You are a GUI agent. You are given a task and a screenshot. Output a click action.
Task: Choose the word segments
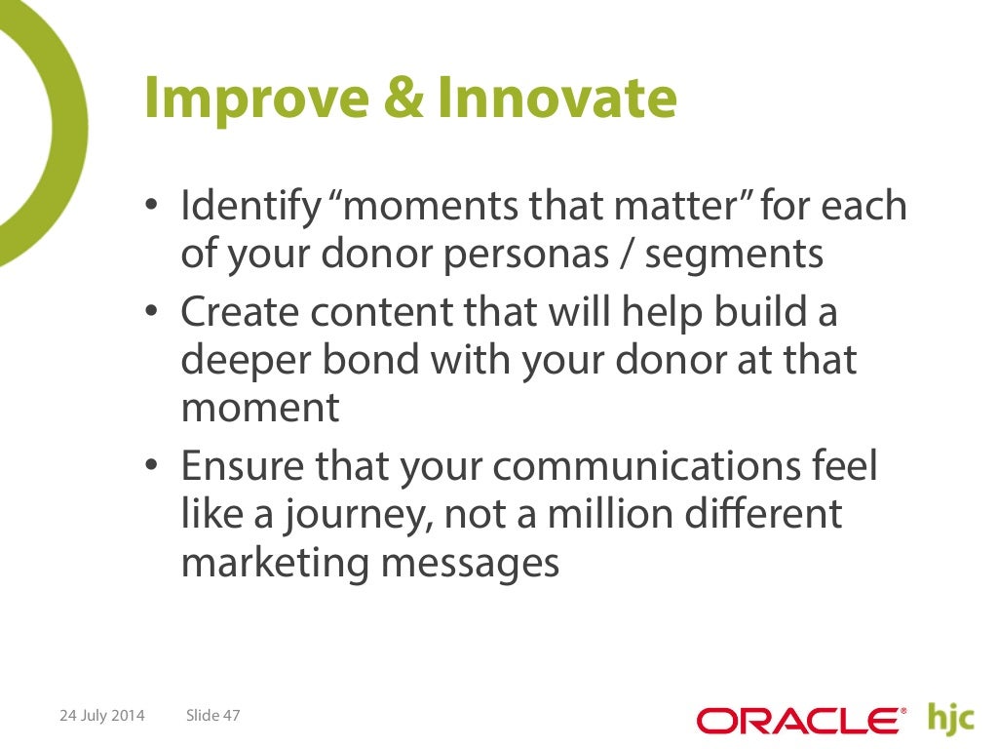click(734, 255)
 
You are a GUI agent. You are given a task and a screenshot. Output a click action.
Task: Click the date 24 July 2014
click(102, 716)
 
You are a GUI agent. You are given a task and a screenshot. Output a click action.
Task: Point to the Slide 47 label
click(212, 716)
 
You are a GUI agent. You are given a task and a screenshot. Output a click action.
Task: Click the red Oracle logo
click(800, 721)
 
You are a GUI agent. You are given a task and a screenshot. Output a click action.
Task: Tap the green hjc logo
click(951, 718)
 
